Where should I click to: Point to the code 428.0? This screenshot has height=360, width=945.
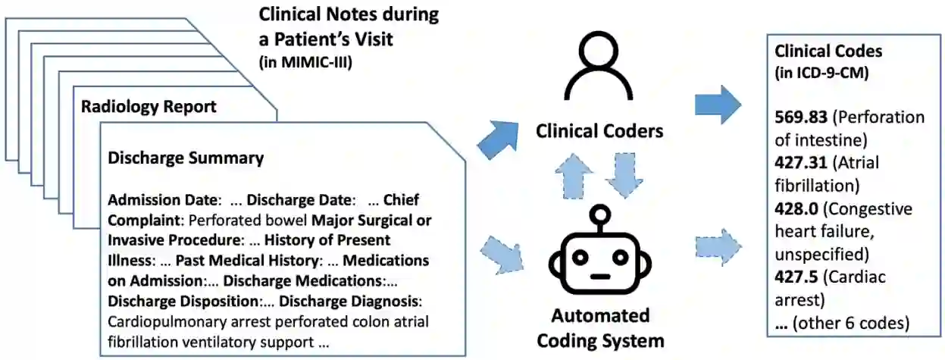pyautogui.click(x=792, y=208)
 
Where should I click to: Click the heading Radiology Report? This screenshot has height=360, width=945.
pyautogui.click(x=149, y=106)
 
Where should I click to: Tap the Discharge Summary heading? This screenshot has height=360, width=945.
pyautogui.click(x=186, y=158)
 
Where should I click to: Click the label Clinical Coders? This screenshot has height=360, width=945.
pyautogui.click(x=599, y=130)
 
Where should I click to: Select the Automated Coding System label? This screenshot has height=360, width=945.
pyautogui.click(x=599, y=327)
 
